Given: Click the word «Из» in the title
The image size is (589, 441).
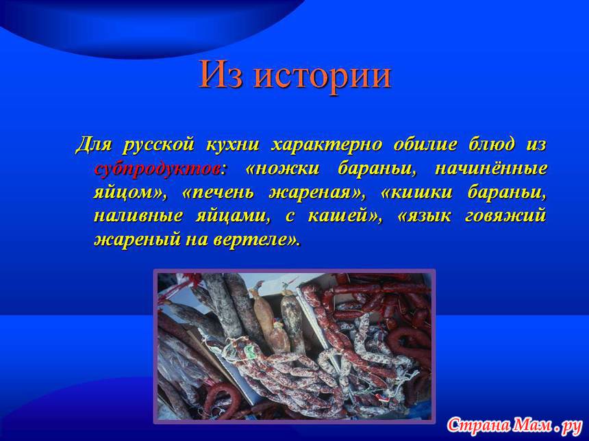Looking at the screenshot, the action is tap(221, 74).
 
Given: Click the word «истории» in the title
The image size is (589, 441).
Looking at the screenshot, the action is tap(323, 75).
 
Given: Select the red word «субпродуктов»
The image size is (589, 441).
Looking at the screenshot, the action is tap(158, 169).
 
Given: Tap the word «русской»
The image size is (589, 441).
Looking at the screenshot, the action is tap(158, 145).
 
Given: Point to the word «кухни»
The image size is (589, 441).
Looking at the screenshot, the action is tap(233, 144).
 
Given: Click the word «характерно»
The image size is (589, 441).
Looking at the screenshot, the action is tap(327, 144).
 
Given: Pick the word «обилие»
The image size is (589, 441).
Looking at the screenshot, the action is tap(425, 144).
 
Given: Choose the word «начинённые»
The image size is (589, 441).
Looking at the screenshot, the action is tap(491, 168).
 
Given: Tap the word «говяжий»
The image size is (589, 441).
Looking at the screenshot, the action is tap(505, 217).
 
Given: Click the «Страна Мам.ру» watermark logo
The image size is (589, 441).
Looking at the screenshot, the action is tap(514, 426).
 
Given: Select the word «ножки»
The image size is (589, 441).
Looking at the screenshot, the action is tap(287, 169).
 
